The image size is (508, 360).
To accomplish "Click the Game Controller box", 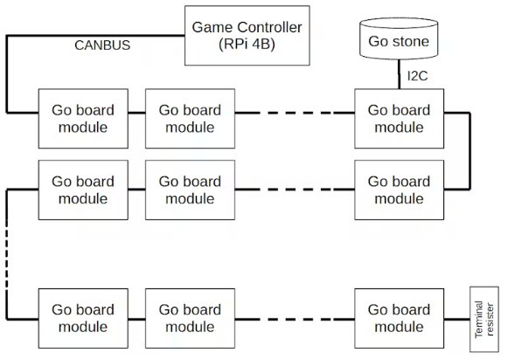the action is pos(247,36).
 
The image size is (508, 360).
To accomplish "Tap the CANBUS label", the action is pos(102,45).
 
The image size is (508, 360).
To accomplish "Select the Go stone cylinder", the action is pos(399,38).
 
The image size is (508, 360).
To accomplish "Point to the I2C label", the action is pos(418,76).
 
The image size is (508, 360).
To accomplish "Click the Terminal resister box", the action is pos(484,319).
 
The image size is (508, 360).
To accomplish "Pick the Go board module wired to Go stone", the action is pos(399,119).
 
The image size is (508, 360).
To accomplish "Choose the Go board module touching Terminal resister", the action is pos(399,319).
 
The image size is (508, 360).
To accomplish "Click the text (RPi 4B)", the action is pos(247,45).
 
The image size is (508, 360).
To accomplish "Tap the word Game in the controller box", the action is pos(212,27).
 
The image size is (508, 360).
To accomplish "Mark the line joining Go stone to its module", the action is pos(399,74).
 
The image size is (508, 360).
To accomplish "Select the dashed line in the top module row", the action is pos(295,113).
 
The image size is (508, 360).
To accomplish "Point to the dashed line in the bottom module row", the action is pos(295,319).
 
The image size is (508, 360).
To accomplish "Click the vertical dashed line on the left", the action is pos(6,254).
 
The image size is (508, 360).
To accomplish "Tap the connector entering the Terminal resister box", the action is pos(457,319).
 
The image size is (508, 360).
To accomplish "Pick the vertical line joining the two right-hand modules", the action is pos(470,151).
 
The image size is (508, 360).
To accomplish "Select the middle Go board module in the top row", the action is pos(191,119).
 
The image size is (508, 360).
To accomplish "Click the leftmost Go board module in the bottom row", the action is pos(83,319).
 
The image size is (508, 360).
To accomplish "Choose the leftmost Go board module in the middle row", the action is pos(83,190).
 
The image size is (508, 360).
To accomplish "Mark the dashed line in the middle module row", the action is pos(295,189).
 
